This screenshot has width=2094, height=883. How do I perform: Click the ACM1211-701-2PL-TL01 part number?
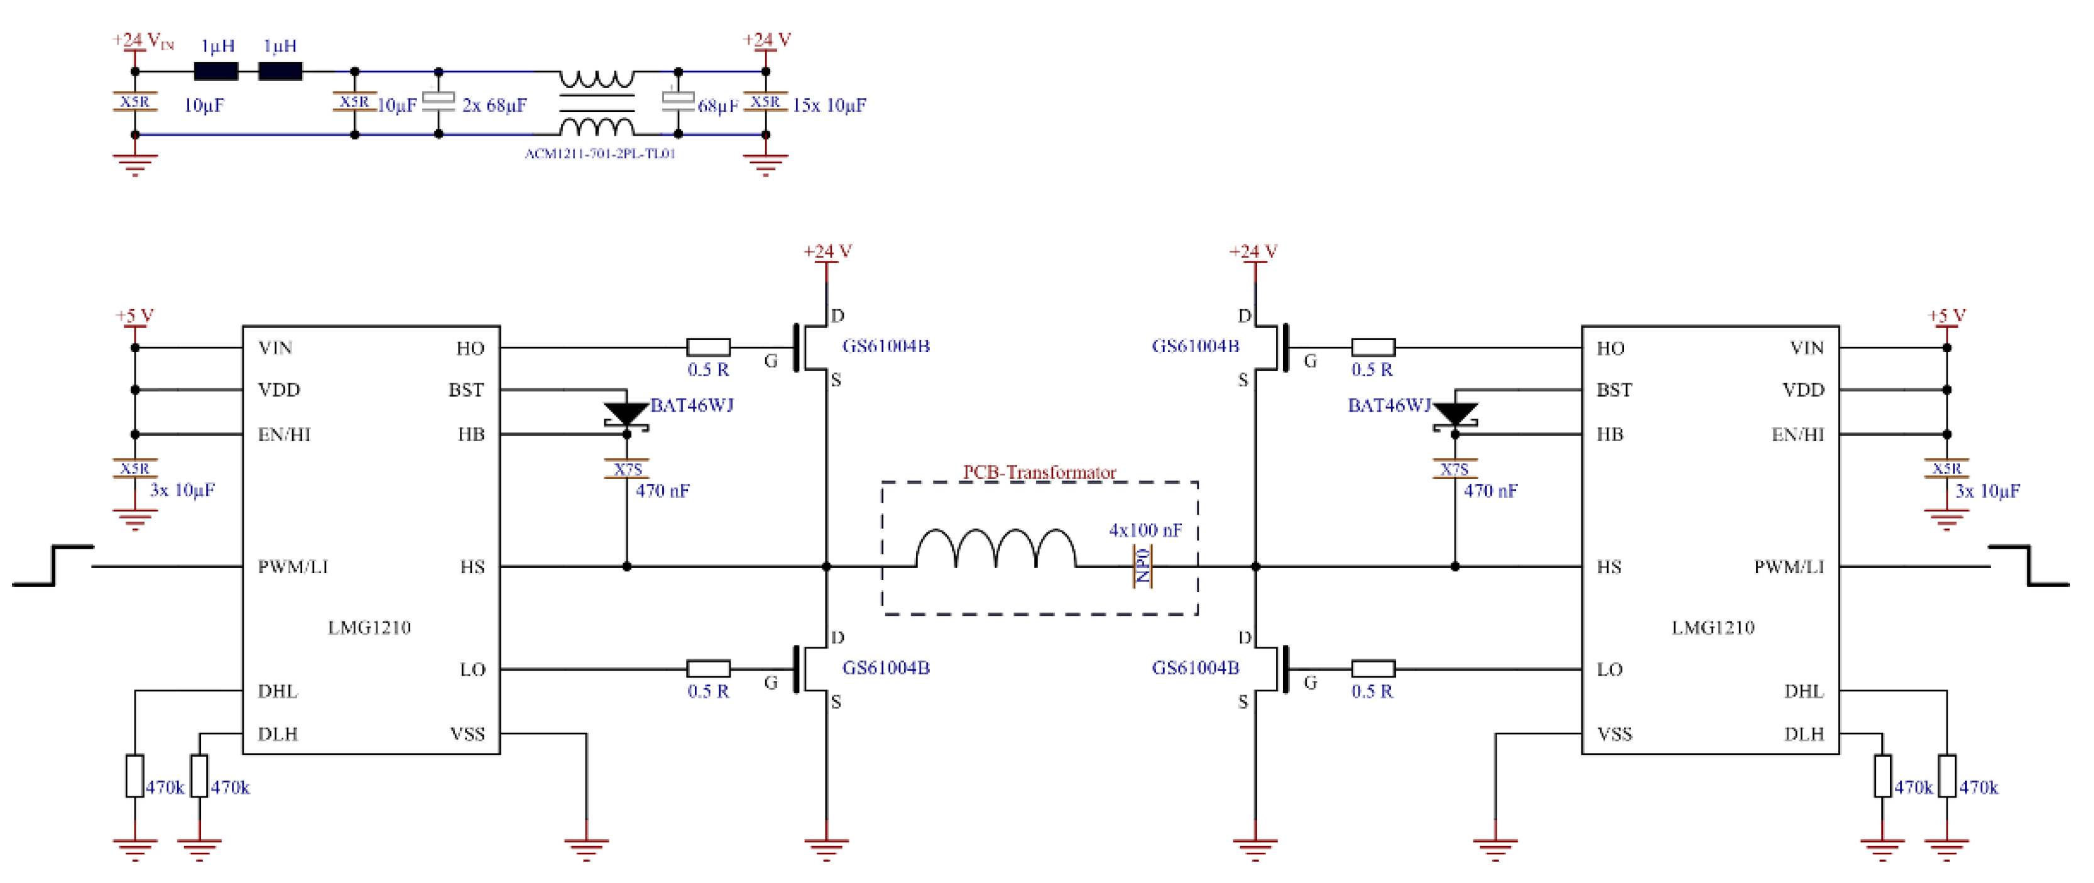pyautogui.click(x=600, y=154)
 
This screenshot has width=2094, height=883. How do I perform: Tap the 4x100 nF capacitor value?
pyautogui.click(x=1145, y=530)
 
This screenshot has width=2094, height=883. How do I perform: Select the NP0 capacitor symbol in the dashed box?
pyautogui.click(x=1142, y=566)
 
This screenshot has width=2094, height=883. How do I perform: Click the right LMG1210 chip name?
pyautogui.click(x=1712, y=627)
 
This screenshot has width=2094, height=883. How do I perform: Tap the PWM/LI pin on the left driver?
pyautogui.click(x=293, y=567)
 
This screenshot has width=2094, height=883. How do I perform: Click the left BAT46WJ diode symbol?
pyautogui.click(x=626, y=415)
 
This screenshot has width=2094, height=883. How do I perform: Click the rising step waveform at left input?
pyautogui.click(x=53, y=565)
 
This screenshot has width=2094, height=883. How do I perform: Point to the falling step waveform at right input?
pyautogui.click(x=2029, y=565)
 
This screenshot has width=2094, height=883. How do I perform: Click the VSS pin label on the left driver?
pyautogui.click(x=467, y=734)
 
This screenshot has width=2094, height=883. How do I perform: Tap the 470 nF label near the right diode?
pyautogui.click(x=1490, y=491)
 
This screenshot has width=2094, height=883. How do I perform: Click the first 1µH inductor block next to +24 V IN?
pyautogui.click(x=216, y=72)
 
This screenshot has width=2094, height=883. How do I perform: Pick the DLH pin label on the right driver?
pyautogui.click(x=1803, y=734)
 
